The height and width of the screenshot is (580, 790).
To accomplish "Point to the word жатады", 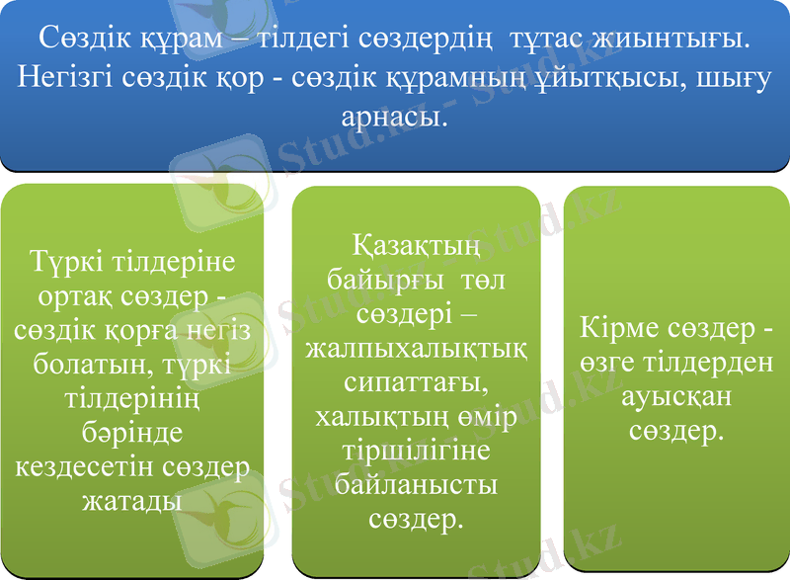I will click(131, 500).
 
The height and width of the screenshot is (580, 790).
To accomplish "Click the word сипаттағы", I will click(415, 382).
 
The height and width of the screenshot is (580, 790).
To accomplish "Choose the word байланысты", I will click(415, 484).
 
